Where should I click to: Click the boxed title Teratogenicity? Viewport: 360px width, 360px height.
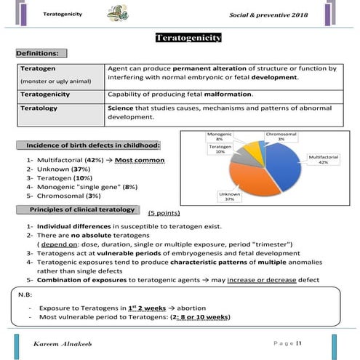click(x=188, y=38)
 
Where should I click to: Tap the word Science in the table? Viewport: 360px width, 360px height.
click(x=121, y=108)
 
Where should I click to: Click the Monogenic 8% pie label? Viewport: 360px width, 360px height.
click(x=220, y=137)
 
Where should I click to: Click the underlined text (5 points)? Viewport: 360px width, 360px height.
click(x=166, y=214)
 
